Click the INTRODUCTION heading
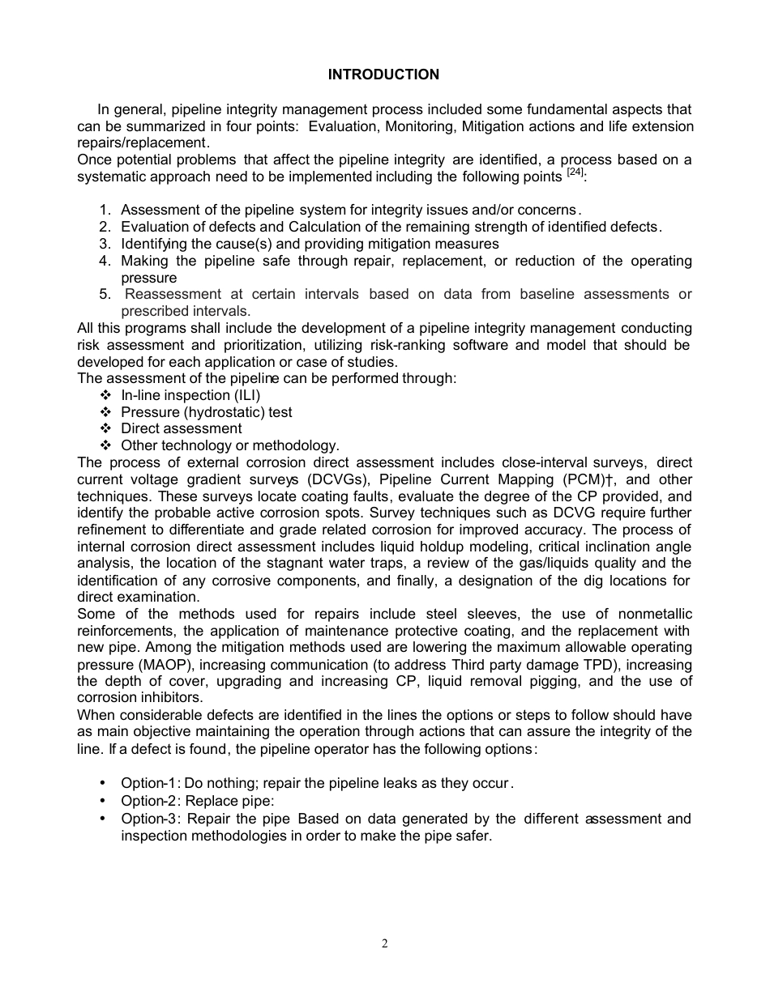point(383,74)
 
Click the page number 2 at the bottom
point(385,943)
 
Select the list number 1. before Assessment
point(105,211)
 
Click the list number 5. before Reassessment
point(105,295)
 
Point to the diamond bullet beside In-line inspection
point(105,396)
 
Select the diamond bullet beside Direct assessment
point(105,429)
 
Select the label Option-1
point(148,784)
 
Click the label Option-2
point(148,802)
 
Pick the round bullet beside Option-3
point(102,819)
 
